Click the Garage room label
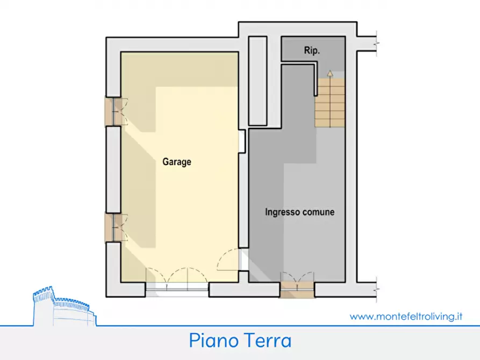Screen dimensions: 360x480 [x=177, y=162]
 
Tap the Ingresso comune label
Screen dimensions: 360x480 [x=299, y=212]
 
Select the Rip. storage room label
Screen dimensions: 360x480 [x=312, y=52]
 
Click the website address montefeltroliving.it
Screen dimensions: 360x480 [x=406, y=316]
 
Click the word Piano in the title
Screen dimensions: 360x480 [x=213, y=341]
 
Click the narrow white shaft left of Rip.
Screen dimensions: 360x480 [x=258, y=81]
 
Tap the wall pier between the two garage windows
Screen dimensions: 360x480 [x=113, y=169]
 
